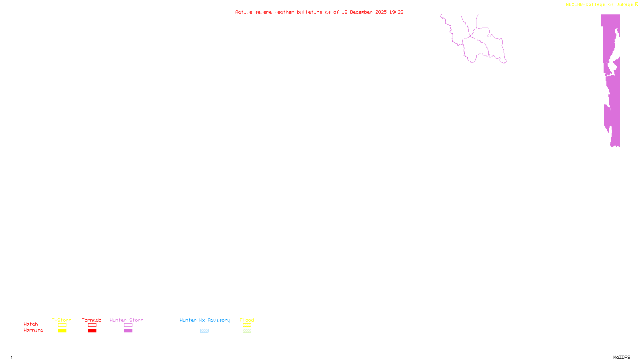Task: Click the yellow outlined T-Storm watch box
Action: [x=62, y=325]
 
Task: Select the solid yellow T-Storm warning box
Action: [x=62, y=331]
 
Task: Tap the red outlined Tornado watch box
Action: [x=92, y=325]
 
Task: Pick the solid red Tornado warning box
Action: [x=92, y=331]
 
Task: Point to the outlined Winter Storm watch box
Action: [x=128, y=325]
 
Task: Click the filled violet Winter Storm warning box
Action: [x=128, y=331]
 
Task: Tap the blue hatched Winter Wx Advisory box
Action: [x=204, y=331]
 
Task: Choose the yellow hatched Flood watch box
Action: [x=247, y=325]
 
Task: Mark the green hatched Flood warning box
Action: [x=247, y=331]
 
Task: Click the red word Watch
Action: [x=31, y=324]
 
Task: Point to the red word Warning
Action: [x=33, y=330]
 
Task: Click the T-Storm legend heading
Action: [x=62, y=320]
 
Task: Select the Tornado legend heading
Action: [x=92, y=320]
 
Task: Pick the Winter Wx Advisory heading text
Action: [x=205, y=320]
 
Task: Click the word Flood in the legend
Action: [x=247, y=320]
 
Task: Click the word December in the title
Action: [x=361, y=12]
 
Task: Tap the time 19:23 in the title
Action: [x=396, y=12]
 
